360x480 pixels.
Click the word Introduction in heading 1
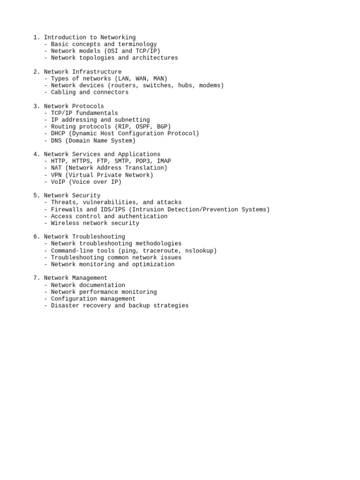pos(65,37)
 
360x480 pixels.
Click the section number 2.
pos(36,72)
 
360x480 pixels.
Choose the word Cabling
pos(63,92)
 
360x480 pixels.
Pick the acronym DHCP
pos(58,134)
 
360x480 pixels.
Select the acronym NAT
pos(56,168)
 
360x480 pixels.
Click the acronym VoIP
pos(58,182)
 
